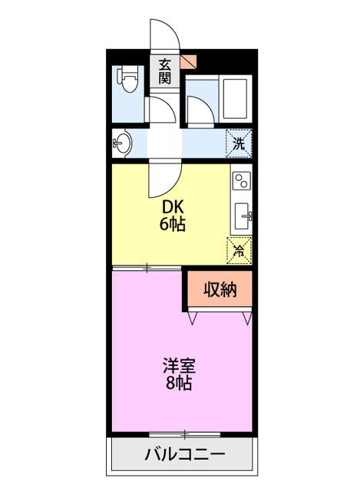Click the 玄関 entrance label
tap(166, 71)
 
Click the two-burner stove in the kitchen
tap(241, 182)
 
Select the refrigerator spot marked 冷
tap(239, 249)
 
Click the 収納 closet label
tap(219, 289)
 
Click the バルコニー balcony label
tap(184, 454)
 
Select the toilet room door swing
tap(160, 111)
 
